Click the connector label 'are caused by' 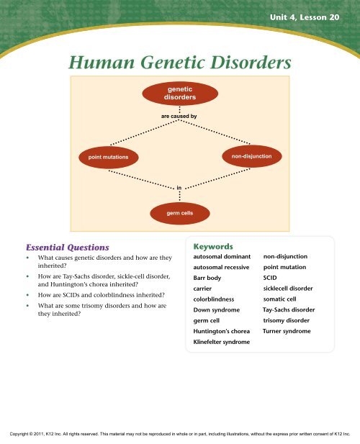pos(179,115)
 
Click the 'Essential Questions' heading pos(64,245)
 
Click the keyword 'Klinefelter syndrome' pos(222,342)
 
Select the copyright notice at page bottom pos(179,435)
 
